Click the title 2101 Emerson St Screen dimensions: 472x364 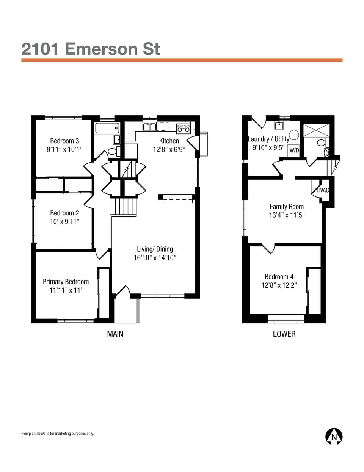91,49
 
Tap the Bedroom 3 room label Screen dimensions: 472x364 64,141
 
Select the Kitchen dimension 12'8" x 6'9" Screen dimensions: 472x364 169,149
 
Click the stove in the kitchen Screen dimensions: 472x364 184,128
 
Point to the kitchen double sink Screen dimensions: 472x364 149,127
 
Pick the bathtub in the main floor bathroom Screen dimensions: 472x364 107,128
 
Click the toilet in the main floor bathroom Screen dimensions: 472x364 113,152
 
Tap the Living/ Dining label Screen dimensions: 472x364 155,249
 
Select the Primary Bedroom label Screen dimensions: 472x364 66,282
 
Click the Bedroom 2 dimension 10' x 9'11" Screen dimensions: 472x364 64,222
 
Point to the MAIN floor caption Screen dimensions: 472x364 115,334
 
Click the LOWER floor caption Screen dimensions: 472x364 284,334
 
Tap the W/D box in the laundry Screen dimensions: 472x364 294,150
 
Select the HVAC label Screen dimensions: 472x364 323,190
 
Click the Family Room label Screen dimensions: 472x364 287,207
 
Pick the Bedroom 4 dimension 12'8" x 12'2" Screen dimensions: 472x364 279,285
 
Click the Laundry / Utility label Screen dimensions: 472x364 268,139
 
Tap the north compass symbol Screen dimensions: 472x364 334,436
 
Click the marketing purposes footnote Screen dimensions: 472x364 57,434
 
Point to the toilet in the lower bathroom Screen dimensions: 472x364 322,143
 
